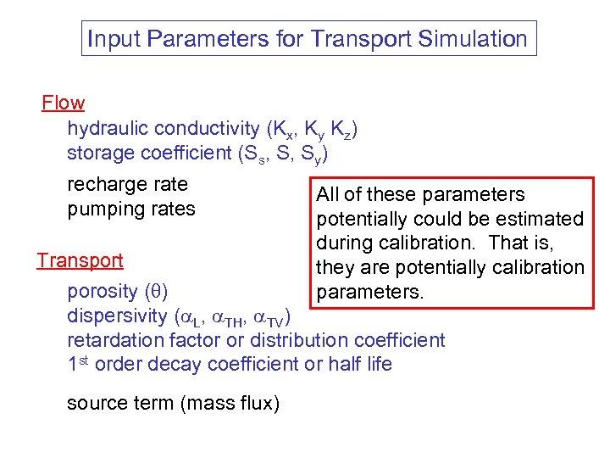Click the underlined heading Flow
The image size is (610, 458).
pyautogui.click(x=64, y=103)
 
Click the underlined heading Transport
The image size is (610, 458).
pyautogui.click(x=80, y=260)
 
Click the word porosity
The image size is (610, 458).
pyautogui.click(x=102, y=292)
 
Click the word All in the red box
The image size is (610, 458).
pyautogui.click(x=327, y=194)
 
